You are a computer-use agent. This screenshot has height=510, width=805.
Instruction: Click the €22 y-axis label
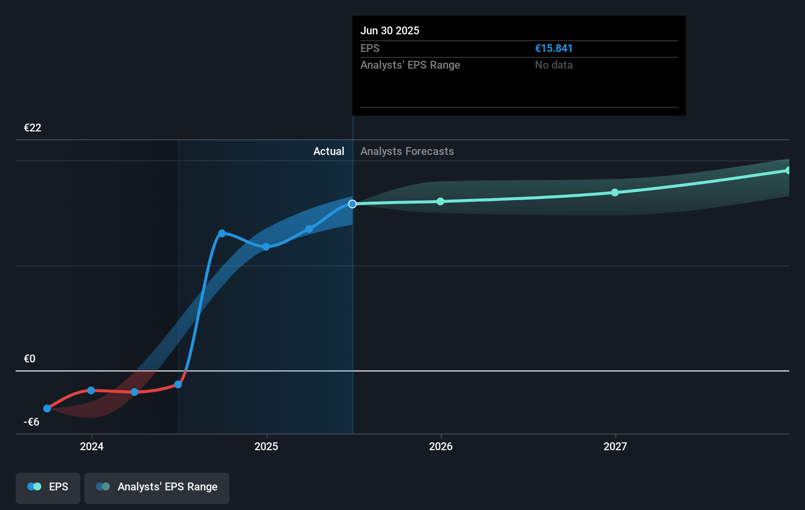pyautogui.click(x=32, y=128)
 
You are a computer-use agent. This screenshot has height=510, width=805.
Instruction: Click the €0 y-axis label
pyautogui.click(x=29, y=359)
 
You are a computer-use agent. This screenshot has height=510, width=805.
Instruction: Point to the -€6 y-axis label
pyautogui.click(x=31, y=422)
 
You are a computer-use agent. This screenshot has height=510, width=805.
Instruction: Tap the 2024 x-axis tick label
pyautogui.click(x=92, y=446)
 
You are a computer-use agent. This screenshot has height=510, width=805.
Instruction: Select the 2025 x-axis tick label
pyautogui.click(x=266, y=446)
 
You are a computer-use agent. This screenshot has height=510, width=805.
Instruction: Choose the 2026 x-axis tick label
pyautogui.click(x=441, y=446)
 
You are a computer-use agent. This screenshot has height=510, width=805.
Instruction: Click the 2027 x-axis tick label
pyautogui.click(x=615, y=446)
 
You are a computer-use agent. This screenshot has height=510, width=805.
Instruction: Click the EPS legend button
pyautogui.click(x=48, y=487)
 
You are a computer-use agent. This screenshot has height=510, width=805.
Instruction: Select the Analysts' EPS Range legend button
pyautogui.click(x=157, y=487)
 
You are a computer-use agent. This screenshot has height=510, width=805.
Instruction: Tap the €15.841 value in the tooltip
pyautogui.click(x=553, y=49)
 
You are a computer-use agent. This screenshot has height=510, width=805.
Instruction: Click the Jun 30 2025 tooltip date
pyautogui.click(x=390, y=31)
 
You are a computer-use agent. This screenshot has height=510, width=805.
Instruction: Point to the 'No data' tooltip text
pyautogui.click(x=553, y=65)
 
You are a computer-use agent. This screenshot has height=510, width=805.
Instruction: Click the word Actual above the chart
pyautogui.click(x=328, y=152)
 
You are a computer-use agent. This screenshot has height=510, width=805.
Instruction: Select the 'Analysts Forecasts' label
pyautogui.click(x=407, y=152)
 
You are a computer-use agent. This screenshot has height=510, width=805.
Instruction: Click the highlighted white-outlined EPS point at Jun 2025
pyautogui.click(x=352, y=204)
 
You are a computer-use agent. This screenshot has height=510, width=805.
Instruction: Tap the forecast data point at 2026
pyautogui.click(x=440, y=202)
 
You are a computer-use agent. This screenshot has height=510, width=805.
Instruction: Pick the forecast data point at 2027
pyautogui.click(x=615, y=193)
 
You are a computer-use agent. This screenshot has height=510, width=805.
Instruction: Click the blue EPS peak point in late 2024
pyautogui.click(x=222, y=233)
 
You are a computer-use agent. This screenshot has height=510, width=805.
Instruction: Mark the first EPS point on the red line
pyautogui.click(x=47, y=408)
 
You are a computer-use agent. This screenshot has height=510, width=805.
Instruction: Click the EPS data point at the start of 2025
pyautogui.click(x=266, y=247)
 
